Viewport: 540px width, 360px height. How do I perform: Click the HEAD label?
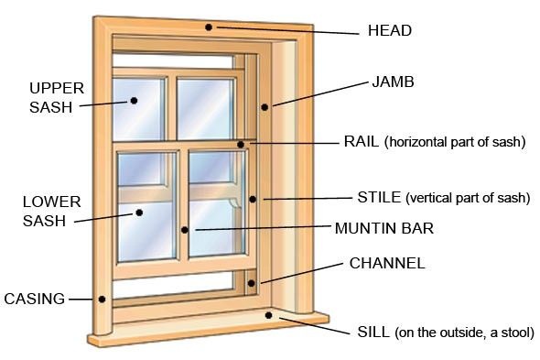point(388,30)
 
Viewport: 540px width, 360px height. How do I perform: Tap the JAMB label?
point(394,82)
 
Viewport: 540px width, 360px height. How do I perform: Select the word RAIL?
point(362,141)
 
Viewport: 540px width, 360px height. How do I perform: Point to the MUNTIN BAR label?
point(384,228)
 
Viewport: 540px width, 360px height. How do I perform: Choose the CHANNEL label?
point(387,264)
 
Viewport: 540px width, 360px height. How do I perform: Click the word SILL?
point(373,332)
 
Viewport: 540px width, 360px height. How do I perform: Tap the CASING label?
point(35,299)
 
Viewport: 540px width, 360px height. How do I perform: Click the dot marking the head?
point(209,27)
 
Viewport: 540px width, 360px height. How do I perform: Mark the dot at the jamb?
point(265,107)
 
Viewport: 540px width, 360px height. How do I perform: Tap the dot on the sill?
point(268,315)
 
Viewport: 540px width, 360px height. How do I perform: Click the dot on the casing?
point(103,298)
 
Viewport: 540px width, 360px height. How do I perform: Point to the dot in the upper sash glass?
point(134,100)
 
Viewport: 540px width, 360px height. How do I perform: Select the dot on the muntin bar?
point(185,229)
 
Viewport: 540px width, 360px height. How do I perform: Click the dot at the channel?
point(261,282)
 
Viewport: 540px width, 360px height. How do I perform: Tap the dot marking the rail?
point(240,143)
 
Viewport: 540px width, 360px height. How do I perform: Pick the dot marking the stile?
point(252,198)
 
